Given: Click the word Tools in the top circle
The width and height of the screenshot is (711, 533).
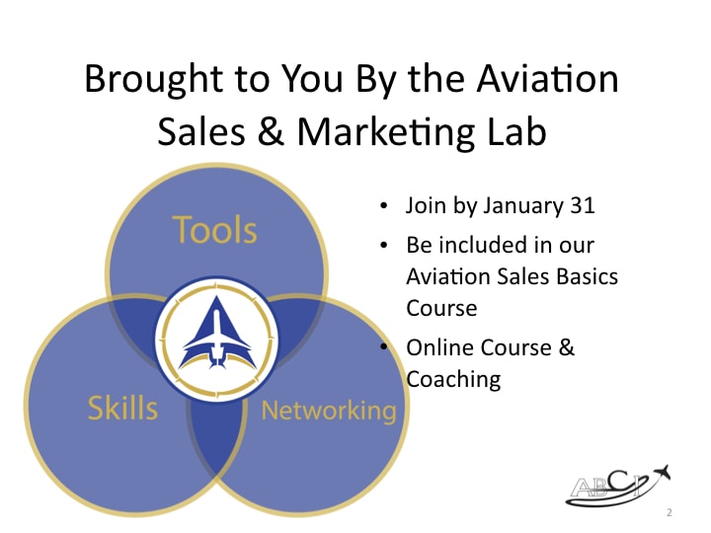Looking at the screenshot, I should pyautogui.click(x=215, y=230).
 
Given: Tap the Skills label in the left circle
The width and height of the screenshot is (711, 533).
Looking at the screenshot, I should pyautogui.click(x=122, y=407).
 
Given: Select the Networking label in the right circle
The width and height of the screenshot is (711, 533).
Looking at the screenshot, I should pyautogui.click(x=328, y=410).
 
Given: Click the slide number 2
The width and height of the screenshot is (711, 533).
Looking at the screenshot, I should pyautogui.click(x=669, y=513).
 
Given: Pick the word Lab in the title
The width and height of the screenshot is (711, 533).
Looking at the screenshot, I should pyautogui.click(x=514, y=132).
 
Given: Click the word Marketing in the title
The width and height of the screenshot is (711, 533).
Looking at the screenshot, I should pyautogui.click(x=392, y=132).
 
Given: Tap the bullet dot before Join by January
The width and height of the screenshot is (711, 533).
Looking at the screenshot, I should pyautogui.click(x=384, y=207).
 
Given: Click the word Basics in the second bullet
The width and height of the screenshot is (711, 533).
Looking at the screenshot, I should pyautogui.click(x=586, y=275).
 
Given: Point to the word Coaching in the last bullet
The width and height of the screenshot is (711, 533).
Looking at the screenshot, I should pyautogui.click(x=453, y=378).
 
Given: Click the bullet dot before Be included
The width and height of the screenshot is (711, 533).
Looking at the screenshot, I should pyautogui.click(x=384, y=245).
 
